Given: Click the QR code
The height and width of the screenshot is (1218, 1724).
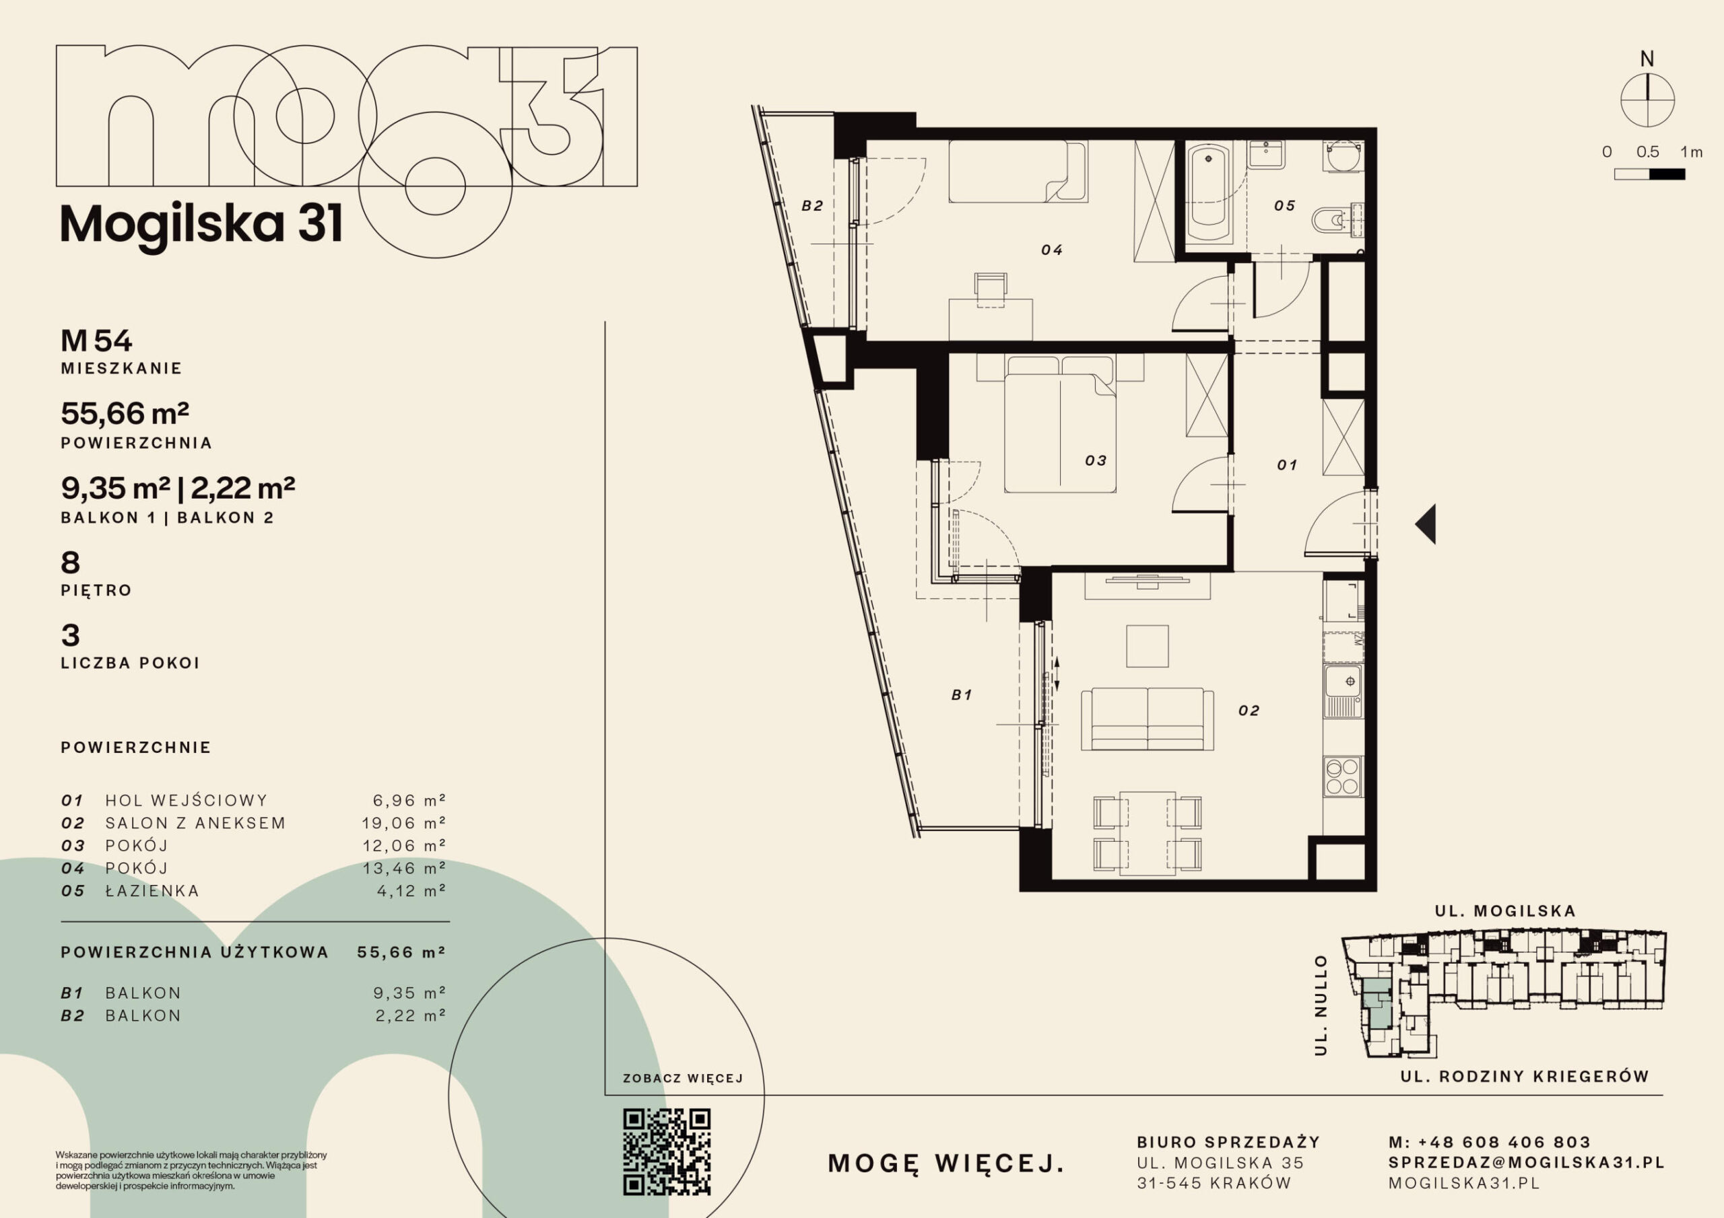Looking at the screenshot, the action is (667, 1151).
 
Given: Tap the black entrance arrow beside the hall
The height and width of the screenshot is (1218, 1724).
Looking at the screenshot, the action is (1426, 523).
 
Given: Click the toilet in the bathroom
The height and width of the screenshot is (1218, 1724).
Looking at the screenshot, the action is (1336, 220).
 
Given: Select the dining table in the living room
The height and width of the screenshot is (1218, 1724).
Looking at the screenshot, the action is (1148, 833).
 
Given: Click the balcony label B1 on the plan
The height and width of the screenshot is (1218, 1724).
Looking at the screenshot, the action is (962, 695).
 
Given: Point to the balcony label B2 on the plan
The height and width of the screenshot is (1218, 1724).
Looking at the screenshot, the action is (812, 206).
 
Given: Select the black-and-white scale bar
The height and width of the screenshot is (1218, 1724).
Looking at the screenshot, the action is (1650, 174).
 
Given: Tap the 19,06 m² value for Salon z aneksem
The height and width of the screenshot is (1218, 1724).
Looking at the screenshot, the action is (404, 822).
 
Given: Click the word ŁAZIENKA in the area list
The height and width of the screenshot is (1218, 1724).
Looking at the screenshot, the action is (152, 890).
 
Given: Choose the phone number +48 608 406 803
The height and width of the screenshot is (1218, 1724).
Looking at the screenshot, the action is (1504, 1142).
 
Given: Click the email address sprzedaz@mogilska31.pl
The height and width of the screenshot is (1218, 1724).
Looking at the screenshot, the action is (1527, 1162).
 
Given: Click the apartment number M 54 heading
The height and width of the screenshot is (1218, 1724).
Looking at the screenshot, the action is (96, 341).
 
